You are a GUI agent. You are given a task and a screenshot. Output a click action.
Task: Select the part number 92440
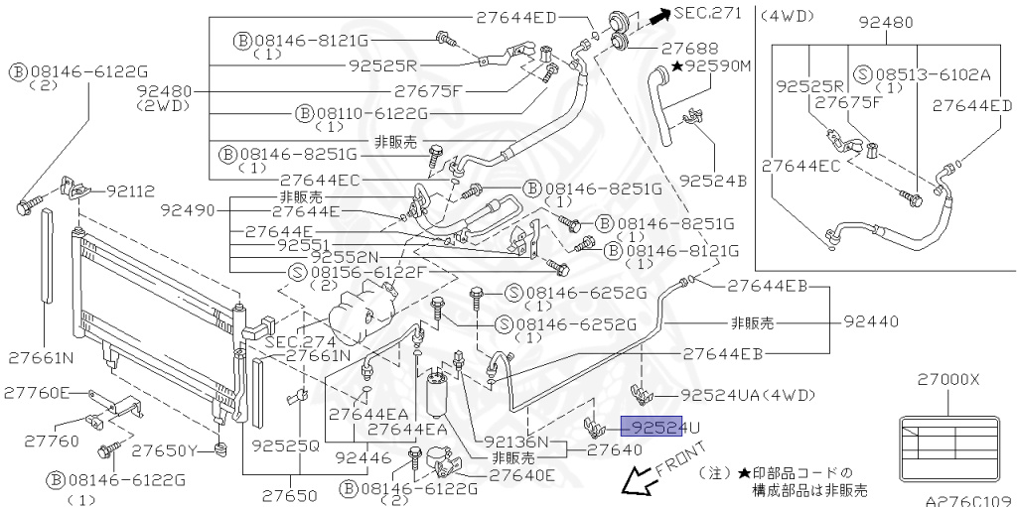click(x=871, y=321)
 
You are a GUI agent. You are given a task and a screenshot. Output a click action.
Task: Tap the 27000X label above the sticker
click(x=947, y=380)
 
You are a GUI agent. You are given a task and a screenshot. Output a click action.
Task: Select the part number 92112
click(x=130, y=190)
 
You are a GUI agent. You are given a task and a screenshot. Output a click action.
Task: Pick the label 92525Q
click(x=285, y=445)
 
